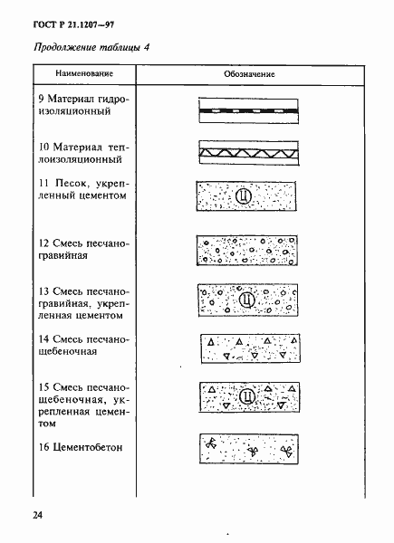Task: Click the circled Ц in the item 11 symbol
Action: coord(242,196)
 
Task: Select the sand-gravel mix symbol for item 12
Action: coord(245,251)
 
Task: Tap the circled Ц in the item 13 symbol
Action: coord(245,297)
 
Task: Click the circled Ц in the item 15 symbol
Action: coord(245,395)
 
